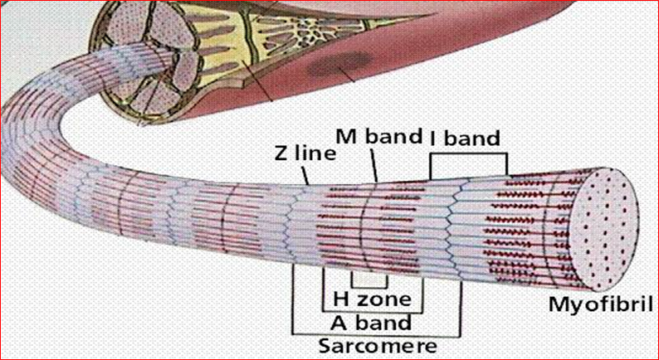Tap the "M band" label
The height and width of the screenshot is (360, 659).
click(378, 136)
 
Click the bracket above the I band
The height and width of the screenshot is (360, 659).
click(467, 154)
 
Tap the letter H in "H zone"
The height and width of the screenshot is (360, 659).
click(340, 297)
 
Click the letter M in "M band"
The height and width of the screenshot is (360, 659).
click(344, 136)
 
